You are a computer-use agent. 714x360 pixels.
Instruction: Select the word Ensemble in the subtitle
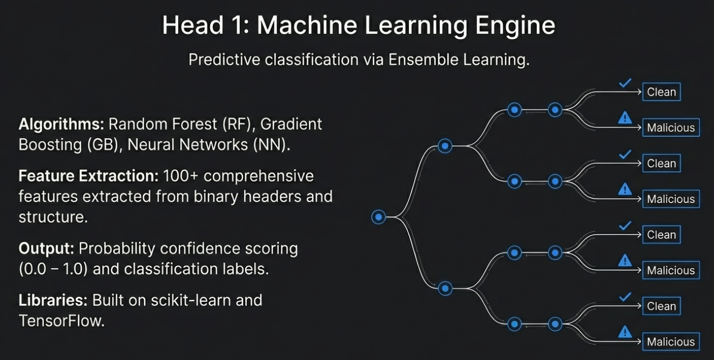[426, 59]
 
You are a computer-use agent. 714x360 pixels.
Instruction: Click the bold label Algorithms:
[61, 124]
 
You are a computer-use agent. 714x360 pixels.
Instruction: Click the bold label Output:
[46, 248]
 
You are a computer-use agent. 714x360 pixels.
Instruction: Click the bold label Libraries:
[53, 300]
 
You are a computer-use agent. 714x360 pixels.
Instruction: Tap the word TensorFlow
[61, 321]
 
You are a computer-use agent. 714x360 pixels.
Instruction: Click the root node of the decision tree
[379, 217]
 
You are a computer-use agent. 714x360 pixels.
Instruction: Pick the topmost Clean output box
[661, 92]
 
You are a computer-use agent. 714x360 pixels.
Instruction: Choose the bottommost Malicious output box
[671, 342]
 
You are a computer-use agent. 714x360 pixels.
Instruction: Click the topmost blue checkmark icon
[625, 83]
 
